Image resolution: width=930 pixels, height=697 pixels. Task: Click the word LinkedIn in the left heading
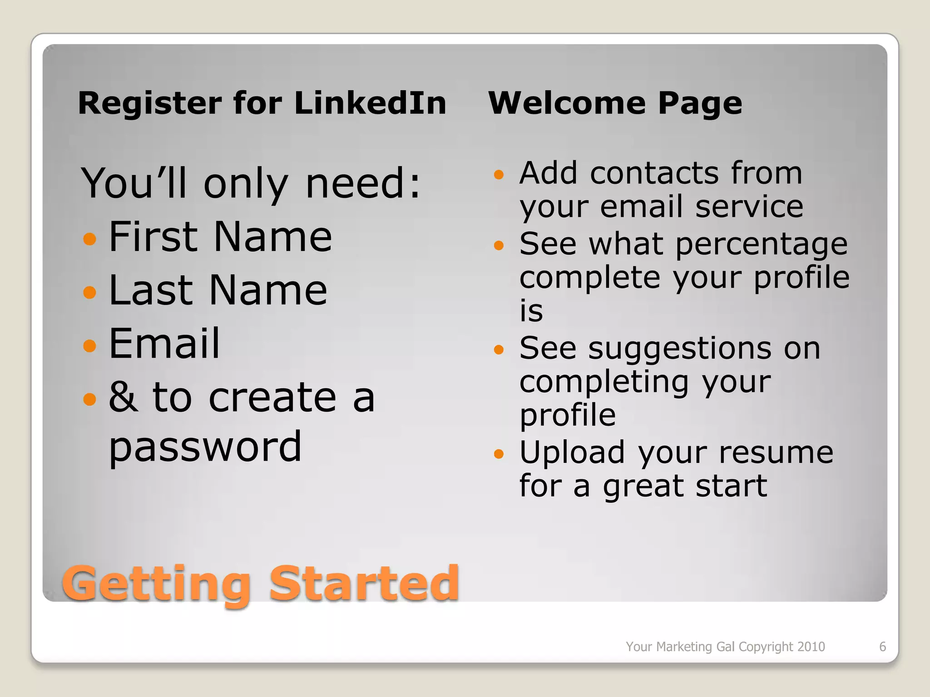(x=370, y=103)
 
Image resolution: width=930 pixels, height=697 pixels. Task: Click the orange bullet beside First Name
(x=90, y=239)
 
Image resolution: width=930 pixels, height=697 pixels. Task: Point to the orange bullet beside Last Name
(x=90, y=292)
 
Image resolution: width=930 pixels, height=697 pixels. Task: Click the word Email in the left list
(x=164, y=344)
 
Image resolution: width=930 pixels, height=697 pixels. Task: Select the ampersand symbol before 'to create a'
(x=123, y=397)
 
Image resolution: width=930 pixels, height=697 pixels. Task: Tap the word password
(x=205, y=447)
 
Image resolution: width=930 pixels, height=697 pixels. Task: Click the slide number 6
(x=882, y=647)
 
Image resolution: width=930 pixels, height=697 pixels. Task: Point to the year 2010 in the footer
(x=811, y=647)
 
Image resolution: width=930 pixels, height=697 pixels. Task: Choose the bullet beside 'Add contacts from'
(x=499, y=175)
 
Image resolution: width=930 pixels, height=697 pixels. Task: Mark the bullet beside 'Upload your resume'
(x=499, y=454)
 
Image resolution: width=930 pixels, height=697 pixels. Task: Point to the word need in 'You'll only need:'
(x=355, y=183)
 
